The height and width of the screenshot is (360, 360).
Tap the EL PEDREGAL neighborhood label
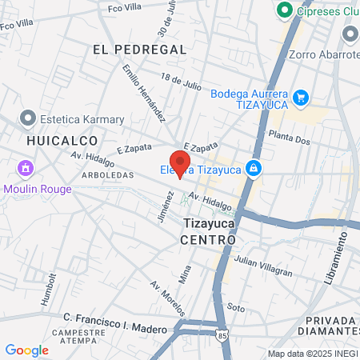(139, 50)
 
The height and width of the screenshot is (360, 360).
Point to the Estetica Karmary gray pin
(28, 119)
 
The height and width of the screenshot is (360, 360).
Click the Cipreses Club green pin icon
(282, 10)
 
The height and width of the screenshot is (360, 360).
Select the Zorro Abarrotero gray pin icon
(350, 34)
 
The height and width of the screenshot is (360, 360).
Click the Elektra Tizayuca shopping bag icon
(254, 168)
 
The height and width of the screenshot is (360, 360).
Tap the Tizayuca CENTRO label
(208, 232)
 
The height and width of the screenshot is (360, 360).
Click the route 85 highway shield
(221, 337)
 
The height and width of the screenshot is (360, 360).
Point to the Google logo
(26, 350)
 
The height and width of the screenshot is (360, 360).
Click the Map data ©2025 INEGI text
(312, 354)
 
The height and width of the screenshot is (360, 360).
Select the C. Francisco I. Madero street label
(115, 330)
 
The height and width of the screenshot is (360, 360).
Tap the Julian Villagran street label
(264, 265)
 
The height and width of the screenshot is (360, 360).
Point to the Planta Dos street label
(289, 138)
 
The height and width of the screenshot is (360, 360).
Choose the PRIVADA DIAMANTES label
(330, 325)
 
